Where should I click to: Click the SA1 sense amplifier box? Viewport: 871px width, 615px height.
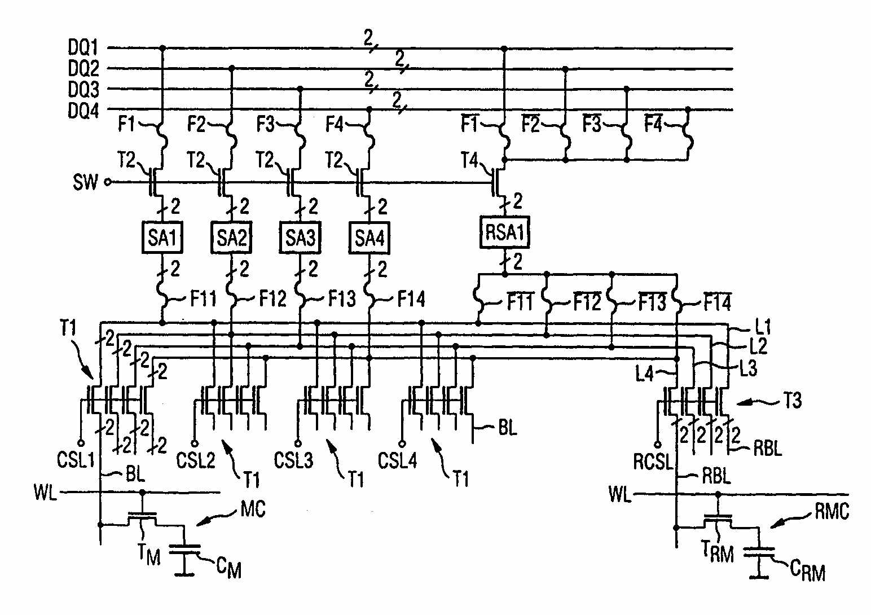[x=162, y=238]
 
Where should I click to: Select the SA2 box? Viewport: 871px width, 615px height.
[x=231, y=238]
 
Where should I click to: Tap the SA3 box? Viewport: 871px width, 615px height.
[x=300, y=238]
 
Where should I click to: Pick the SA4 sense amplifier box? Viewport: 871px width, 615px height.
[x=369, y=238]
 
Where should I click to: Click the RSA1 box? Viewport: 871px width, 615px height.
[x=504, y=232]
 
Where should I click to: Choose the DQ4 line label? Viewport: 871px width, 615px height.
[x=83, y=111]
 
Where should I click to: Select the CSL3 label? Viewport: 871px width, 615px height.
[x=293, y=460]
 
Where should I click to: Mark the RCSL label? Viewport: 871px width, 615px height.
[x=653, y=462]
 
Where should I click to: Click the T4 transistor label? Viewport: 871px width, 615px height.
[x=469, y=162]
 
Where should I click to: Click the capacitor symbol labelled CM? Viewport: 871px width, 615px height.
[x=185, y=551]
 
